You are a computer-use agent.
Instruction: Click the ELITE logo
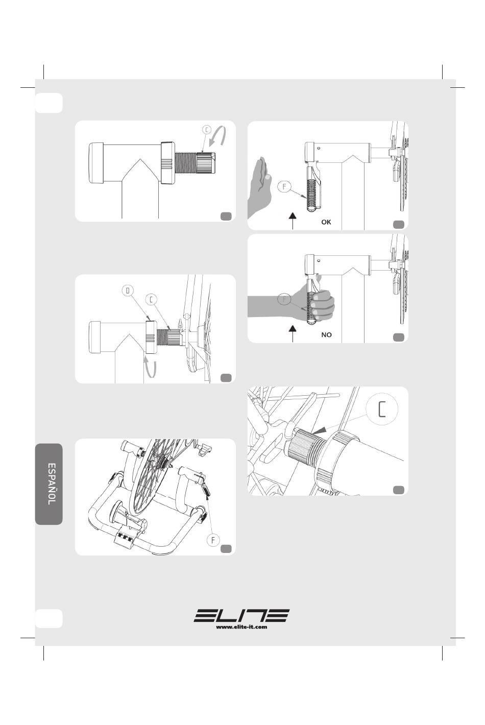(x=241, y=615)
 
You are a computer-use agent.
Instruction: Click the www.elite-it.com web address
(x=241, y=627)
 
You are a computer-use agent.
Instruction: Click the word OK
(x=326, y=222)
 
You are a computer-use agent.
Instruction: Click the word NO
(x=326, y=335)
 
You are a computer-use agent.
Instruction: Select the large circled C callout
(x=382, y=409)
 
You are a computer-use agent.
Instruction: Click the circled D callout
(x=128, y=291)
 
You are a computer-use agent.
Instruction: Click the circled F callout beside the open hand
(x=284, y=187)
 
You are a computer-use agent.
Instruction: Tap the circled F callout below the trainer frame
(x=213, y=540)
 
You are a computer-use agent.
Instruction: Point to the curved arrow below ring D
(x=151, y=367)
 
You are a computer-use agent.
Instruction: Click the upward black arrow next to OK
(x=293, y=221)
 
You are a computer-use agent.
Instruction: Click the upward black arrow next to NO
(x=293, y=334)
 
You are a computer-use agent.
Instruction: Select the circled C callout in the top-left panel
(x=207, y=130)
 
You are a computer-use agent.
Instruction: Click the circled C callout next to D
(x=151, y=299)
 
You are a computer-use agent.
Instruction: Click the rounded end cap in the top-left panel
(x=95, y=163)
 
